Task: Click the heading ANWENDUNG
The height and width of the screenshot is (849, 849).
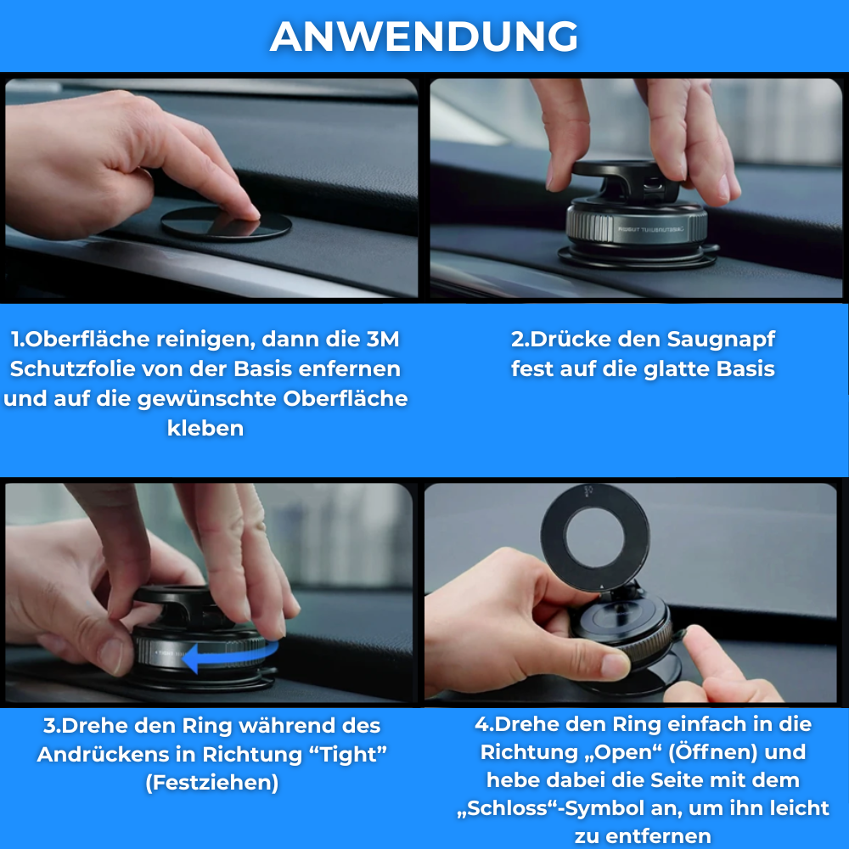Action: click(x=424, y=37)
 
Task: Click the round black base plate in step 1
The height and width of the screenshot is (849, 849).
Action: click(x=226, y=222)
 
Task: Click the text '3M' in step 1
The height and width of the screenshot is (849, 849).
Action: click(x=383, y=340)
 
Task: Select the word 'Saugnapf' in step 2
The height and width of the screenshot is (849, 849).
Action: click(x=721, y=340)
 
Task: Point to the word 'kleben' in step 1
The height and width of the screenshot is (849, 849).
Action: click(x=205, y=428)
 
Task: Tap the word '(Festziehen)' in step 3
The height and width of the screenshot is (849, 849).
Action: click(x=211, y=783)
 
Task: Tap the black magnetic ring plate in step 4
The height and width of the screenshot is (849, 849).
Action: click(x=595, y=530)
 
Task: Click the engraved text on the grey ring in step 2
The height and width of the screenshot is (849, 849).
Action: click(x=650, y=229)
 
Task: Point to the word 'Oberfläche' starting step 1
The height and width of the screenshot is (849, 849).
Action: click(x=87, y=340)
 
